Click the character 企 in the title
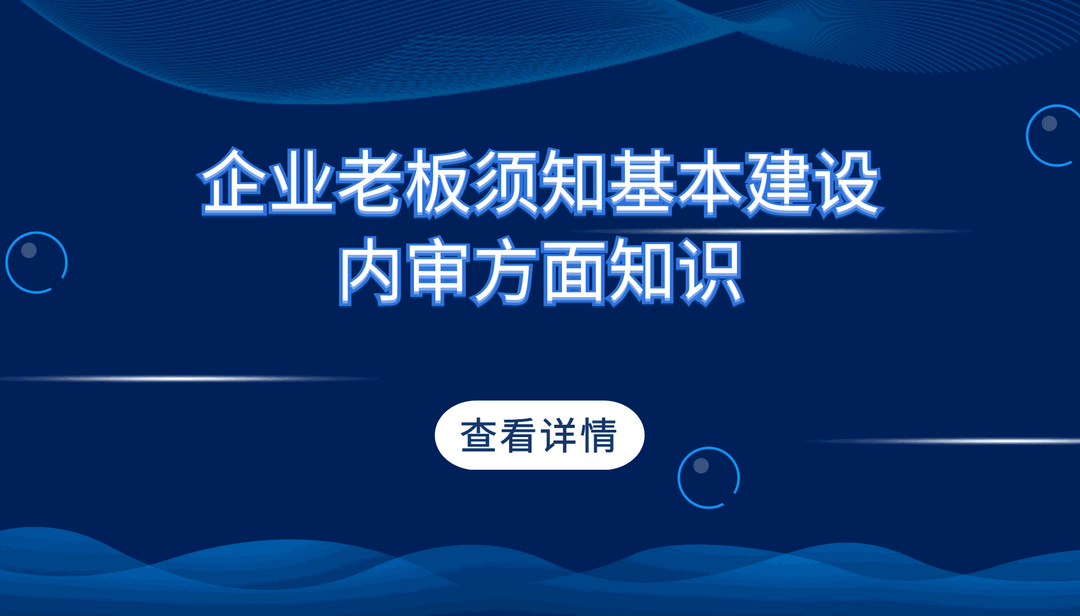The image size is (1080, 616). pyautogui.click(x=234, y=182)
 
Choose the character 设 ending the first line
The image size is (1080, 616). pyautogui.click(x=847, y=182)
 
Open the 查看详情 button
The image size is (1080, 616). pyautogui.click(x=539, y=435)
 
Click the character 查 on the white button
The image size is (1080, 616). pyautogui.click(x=478, y=435)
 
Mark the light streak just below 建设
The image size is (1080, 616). pyautogui.click(x=776, y=231)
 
